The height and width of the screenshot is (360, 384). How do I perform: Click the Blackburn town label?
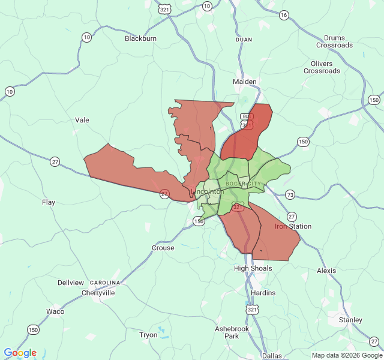[x=140, y=38]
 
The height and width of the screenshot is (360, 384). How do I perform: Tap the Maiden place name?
[x=245, y=82]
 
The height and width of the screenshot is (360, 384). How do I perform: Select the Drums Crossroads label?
[x=335, y=41]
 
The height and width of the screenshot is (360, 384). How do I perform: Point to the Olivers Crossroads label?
[x=322, y=67]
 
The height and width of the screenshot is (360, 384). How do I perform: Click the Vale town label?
[x=82, y=120]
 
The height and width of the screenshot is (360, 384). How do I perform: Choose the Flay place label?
[x=49, y=202]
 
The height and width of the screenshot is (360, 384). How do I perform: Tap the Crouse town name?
[x=163, y=248]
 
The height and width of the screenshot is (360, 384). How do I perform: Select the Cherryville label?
[x=98, y=293]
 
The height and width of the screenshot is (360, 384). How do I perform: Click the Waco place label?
[x=55, y=311]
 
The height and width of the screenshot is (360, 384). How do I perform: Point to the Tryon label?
[x=148, y=335]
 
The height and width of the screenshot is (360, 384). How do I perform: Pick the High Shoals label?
[x=253, y=268]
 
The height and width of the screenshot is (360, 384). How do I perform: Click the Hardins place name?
[x=263, y=293]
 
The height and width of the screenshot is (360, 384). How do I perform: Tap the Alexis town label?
[x=326, y=271]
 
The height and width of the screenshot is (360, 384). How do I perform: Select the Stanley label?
[x=350, y=320]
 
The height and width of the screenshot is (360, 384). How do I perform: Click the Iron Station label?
[x=293, y=226]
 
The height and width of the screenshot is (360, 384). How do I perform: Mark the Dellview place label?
[x=71, y=282]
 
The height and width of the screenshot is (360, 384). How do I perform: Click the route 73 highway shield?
[x=290, y=194]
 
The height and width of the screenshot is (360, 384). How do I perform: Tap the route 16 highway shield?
[x=284, y=15]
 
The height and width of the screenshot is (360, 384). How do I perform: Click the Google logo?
[x=20, y=353]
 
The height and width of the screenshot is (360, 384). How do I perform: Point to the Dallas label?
[x=272, y=356]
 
